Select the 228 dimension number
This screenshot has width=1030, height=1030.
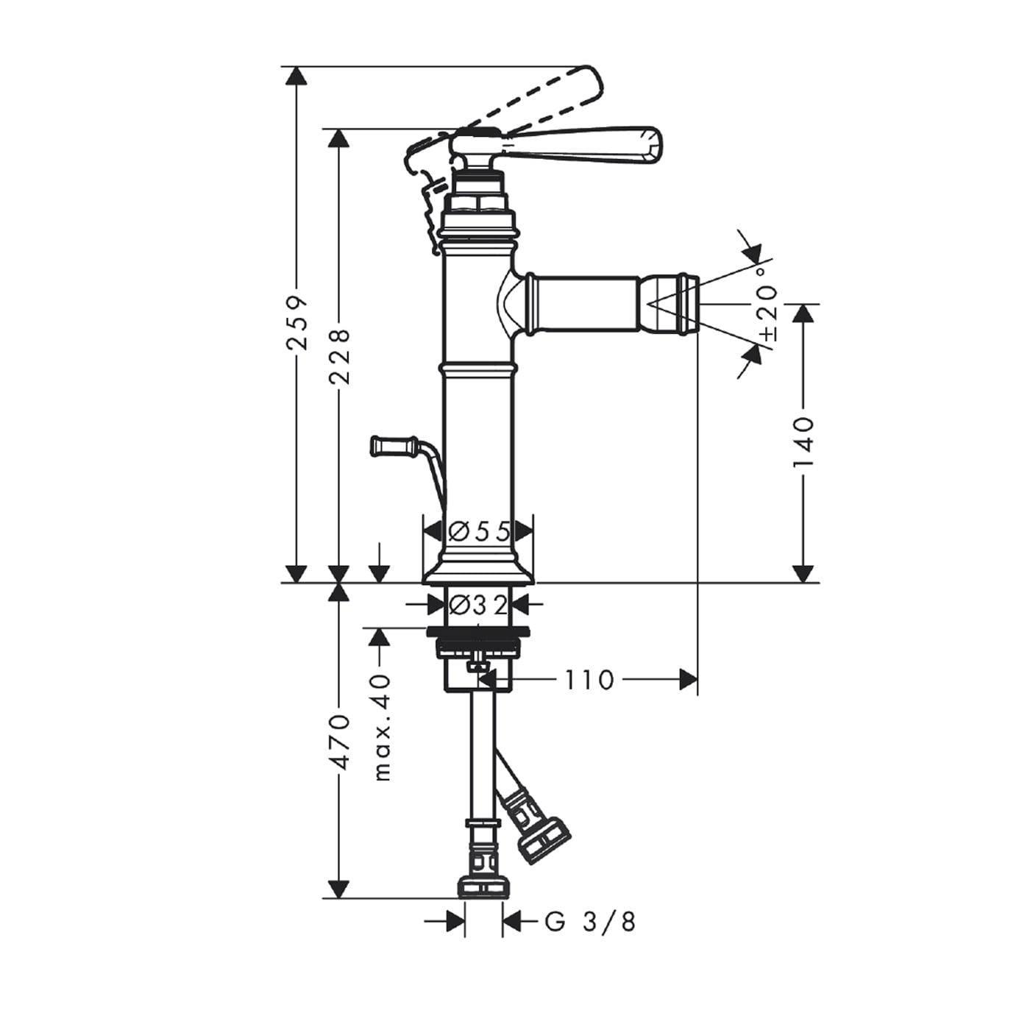pyautogui.click(x=339, y=356)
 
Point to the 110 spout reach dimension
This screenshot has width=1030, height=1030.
pyautogui.click(x=588, y=681)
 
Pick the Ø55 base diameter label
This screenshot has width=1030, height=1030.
pyautogui.click(x=478, y=532)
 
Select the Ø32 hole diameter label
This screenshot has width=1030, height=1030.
pyautogui.click(x=478, y=605)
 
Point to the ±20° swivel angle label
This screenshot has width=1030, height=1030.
pyautogui.click(x=768, y=304)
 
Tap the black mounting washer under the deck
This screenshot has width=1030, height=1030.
pyautogui.click(x=478, y=632)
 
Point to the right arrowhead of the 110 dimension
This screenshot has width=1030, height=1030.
pyautogui.click(x=689, y=680)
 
